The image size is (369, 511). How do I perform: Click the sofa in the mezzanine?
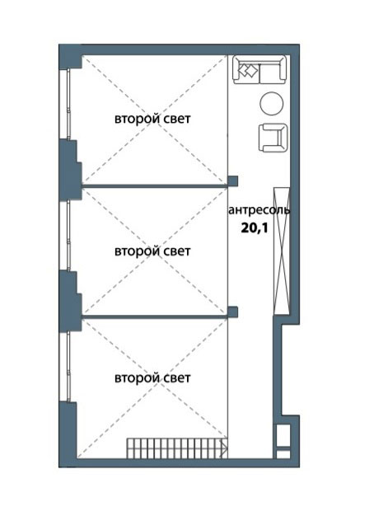point(259,69)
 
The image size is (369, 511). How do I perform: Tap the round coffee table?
point(271,103)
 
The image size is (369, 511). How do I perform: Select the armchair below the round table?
point(273,138)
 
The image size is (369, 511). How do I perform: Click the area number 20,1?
point(254,227)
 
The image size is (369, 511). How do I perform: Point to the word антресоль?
point(259,210)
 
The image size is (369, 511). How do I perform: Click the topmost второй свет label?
point(152,119)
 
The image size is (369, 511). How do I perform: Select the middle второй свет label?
point(152,251)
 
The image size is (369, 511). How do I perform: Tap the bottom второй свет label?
point(152,378)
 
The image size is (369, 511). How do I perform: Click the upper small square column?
point(232,180)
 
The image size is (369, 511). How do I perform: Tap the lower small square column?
point(232,312)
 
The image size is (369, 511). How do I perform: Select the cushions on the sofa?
point(248,70)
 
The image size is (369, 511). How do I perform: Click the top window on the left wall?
point(68,105)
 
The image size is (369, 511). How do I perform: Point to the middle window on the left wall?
point(68,235)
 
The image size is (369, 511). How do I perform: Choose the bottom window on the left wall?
point(68,367)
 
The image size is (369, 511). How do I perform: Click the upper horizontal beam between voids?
point(154,186)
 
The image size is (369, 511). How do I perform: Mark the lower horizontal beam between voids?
point(154,316)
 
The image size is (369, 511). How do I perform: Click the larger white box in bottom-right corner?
point(283,435)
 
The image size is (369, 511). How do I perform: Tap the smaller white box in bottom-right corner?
point(283,454)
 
